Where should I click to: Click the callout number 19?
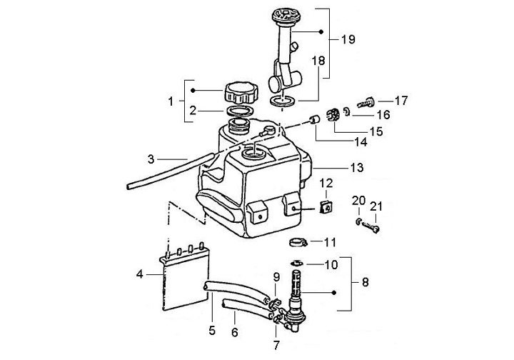pos(348,40)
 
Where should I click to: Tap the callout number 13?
pos(357,168)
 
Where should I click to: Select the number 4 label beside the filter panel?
pos(140,274)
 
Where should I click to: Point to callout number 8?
pos(366,282)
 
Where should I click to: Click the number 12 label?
pos(326,184)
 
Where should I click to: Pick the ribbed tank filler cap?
pos(241,92)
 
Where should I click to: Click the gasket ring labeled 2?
pos(241,111)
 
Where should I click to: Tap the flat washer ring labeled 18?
pos(283,101)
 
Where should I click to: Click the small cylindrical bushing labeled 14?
pos(315,121)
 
